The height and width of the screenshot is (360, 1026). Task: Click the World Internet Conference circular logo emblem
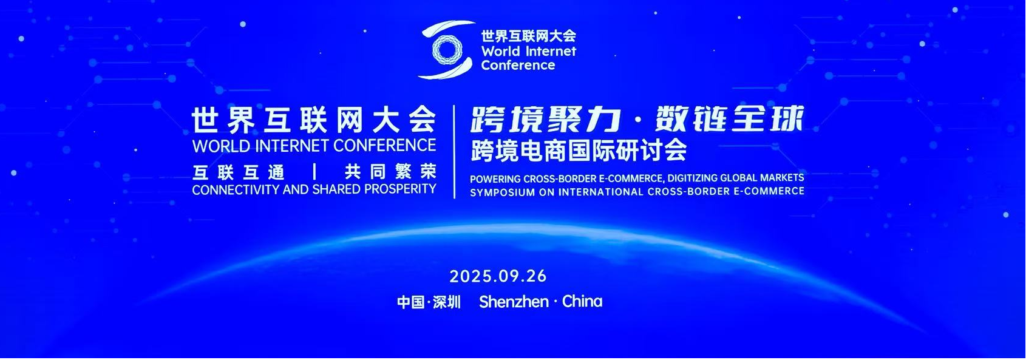coord(446,49)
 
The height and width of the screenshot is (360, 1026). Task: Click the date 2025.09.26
coord(498,276)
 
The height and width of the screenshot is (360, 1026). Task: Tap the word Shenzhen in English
coord(514,301)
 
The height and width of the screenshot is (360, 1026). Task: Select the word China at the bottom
coord(582,301)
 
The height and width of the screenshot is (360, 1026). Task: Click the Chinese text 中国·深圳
coord(429,302)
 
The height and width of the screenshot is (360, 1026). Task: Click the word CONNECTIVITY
coord(236,189)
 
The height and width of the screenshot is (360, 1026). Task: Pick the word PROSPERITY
coord(400,189)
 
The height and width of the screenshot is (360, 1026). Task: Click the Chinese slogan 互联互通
coord(239,172)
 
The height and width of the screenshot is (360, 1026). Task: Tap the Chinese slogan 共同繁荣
coord(390,172)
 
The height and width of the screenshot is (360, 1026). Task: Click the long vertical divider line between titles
coord(454,152)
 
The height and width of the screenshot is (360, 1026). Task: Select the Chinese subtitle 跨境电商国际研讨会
coord(579,151)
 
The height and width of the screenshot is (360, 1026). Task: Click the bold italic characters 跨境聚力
coord(546,119)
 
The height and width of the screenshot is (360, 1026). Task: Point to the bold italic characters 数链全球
coord(730,118)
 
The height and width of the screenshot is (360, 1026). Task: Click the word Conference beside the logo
coord(518,65)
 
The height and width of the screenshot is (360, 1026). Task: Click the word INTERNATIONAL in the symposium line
coord(600,191)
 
